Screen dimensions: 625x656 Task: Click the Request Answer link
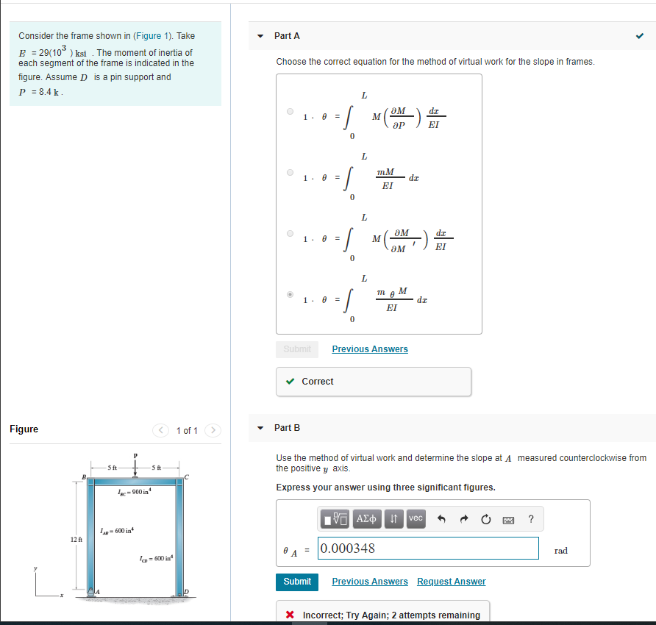pyautogui.click(x=451, y=582)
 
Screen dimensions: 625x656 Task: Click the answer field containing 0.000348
pyautogui.click(x=428, y=549)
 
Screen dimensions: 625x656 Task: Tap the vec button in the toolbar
pyautogui.click(x=416, y=518)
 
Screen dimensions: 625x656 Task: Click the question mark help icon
pyautogui.click(x=531, y=519)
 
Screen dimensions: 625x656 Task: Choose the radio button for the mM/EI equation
pyautogui.click(x=290, y=174)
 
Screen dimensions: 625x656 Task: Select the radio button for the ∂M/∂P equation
pyautogui.click(x=290, y=113)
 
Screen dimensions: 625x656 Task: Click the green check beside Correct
pyautogui.click(x=291, y=382)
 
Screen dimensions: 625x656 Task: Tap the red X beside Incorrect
pyautogui.click(x=290, y=615)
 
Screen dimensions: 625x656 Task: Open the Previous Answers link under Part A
pyautogui.click(x=369, y=349)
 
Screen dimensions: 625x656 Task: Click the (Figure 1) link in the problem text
pyautogui.click(x=153, y=35)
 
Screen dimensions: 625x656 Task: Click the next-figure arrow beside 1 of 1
pyautogui.click(x=212, y=430)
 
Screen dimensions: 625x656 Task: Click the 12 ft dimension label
pyautogui.click(x=76, y=540)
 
